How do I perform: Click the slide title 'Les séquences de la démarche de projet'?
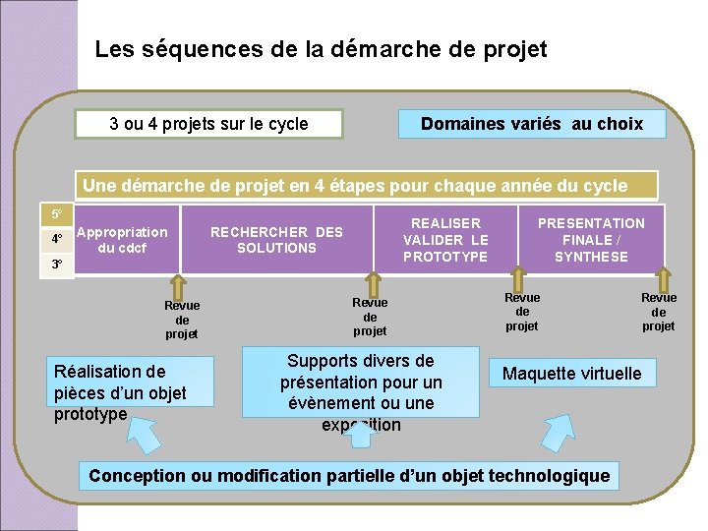(x=321, y=49)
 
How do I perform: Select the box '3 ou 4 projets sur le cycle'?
(x=209, y=124)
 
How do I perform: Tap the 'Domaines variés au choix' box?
(x=531, y=124)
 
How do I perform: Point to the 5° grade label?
(x=57, y=214)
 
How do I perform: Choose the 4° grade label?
(x=57, y=239)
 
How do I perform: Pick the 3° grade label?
(x=57, y=265)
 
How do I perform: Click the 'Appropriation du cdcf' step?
(x=122, y=240)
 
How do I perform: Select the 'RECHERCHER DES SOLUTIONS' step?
(x=276, y=240)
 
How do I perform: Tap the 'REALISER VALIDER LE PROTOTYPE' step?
(x=445, y=240)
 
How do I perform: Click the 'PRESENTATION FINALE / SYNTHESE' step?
(x=591, y=240)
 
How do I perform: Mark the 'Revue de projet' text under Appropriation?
(x=182, y=320)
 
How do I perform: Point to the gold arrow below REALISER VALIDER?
(x=522, y=279)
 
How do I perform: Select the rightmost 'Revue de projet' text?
(x=659, y=312)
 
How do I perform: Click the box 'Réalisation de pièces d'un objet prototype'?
(x=120, y=391)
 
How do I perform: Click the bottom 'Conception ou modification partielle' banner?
(x=349, y=476)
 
